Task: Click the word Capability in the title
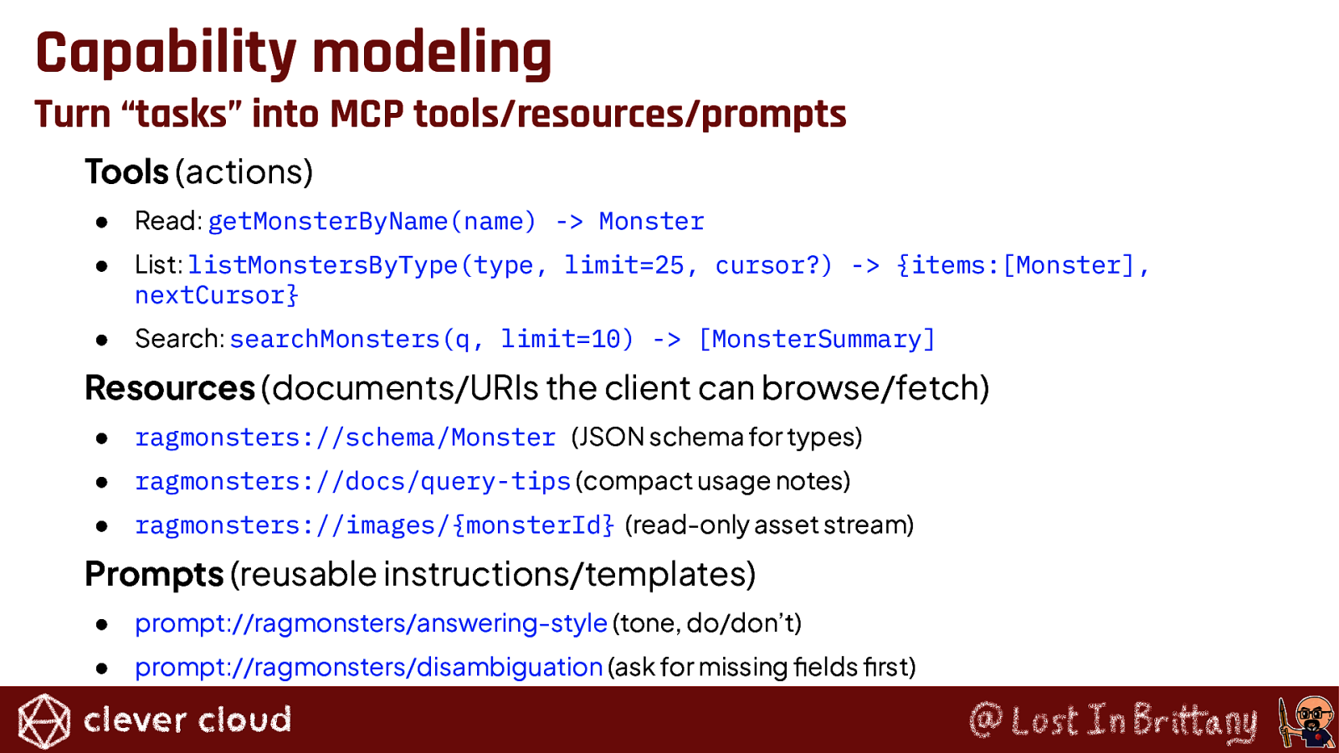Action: pyautogui.click(x=167, y=54)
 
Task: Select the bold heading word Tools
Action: pyautogui.click(x=126, y=172)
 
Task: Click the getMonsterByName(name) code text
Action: pyautogui.click(x=372, y=222)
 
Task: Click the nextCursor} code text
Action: pyautogui.click(x=217, y=295)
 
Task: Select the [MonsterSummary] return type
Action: pyautogui.click(x=817, y=340)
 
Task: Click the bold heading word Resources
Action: pyautogui.click(x=171, y=388)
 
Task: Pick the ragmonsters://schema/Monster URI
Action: pyautogui.click(x=346, y=438)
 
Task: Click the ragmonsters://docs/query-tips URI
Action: pyautogui.click(x=352, y=482)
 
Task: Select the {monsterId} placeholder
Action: pyautogui.click(x=533, y=525)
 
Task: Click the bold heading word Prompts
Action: pyautogui.click(x=154, y=575)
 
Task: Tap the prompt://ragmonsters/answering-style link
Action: pyautogui.click(x=372, y=623)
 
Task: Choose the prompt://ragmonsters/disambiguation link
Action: pyautogui.click(x=369, y=668)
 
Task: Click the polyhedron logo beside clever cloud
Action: pyautogui.click(x=44, y=720)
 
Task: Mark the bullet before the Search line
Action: pyautogui.click(x=101, y=340)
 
